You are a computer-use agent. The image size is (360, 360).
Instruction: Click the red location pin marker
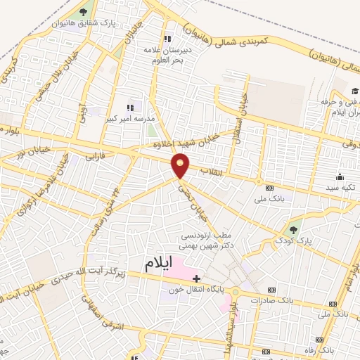coord(181,165)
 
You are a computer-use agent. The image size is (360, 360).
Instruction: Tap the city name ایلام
coord(158,264)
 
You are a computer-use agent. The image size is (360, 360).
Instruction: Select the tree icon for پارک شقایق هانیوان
coord(84,12)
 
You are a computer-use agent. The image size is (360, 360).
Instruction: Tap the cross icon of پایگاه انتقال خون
coord(196,278)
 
